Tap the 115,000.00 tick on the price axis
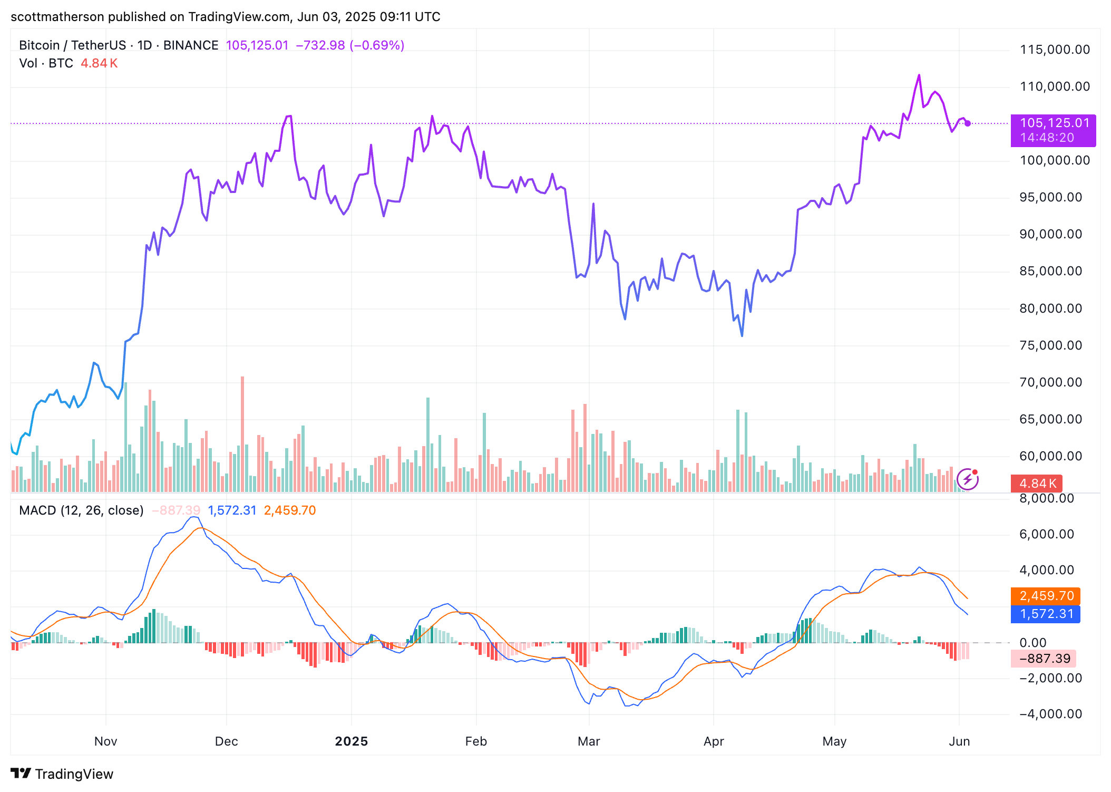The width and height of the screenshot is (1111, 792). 1055,50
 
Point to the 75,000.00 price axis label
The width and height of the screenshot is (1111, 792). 1050,345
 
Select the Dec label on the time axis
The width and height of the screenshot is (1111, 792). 226,741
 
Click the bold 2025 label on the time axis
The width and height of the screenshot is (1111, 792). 351,741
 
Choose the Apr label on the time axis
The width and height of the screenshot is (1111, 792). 714,741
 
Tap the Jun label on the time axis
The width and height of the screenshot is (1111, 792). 959,741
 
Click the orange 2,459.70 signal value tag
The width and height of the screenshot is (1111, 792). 1046,596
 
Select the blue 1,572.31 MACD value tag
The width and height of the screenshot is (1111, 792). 1046,614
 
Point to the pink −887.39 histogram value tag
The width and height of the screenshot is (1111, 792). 1044,659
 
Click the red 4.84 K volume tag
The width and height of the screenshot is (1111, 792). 1037,483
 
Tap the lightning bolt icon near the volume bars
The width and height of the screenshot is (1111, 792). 968,479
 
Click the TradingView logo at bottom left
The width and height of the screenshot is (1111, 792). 62,774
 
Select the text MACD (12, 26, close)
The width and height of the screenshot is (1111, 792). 81,510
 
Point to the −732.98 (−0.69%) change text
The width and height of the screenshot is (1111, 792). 350,45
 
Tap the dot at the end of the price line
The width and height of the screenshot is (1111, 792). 968,123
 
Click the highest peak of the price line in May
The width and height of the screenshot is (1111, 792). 919,75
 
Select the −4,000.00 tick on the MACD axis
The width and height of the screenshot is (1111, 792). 1050,714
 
